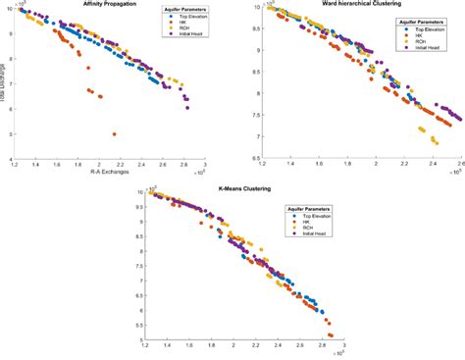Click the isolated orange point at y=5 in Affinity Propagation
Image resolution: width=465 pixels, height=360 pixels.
click(x=115, y=133)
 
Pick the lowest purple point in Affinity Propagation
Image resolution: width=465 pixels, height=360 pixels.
click(x=187, y=107)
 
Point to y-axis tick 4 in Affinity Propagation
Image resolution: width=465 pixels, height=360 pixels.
click(x=9, y=160)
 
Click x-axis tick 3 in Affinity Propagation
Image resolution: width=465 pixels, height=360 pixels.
click(x=204, y=166)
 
